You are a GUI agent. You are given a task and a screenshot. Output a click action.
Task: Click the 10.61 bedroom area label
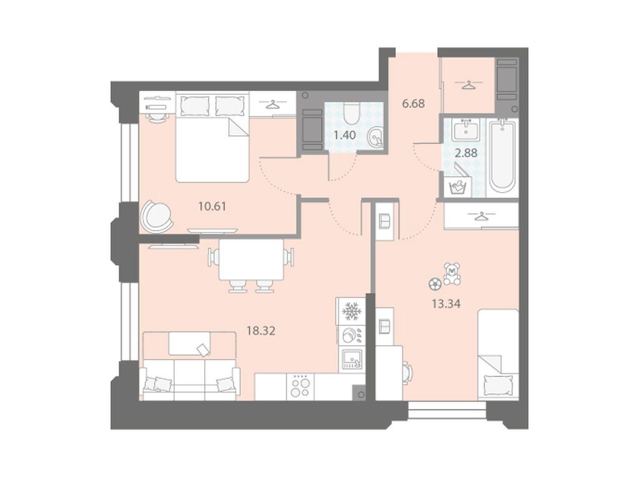tap(212, 206)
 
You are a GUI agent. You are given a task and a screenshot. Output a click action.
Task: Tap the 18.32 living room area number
tap(261, 330)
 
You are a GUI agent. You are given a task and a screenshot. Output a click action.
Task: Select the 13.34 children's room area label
tap(446, 304)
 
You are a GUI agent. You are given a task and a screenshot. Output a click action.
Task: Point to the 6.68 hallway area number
tap(413, 104)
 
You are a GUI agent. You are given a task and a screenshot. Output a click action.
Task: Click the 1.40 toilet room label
tap(344, 135)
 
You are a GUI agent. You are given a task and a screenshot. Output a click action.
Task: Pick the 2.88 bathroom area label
tap(466, 153)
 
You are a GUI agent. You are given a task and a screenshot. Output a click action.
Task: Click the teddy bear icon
tap(452, 273)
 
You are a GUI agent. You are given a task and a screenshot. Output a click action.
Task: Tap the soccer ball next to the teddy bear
tap(434, 284)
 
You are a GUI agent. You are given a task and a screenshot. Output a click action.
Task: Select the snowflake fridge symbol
tap(351, 312)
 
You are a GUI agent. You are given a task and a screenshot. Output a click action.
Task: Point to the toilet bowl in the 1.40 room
tap(351, 113)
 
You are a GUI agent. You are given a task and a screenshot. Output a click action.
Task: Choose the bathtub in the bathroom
tap(502, 156)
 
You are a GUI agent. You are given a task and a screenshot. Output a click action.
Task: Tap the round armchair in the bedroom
tap(156, 216)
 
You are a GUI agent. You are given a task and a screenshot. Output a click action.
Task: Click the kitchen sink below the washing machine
tap(351, 359)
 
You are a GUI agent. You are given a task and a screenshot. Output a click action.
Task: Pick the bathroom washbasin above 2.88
tap(466, 130)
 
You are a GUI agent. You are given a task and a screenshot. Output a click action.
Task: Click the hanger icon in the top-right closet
tap(469, 85)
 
